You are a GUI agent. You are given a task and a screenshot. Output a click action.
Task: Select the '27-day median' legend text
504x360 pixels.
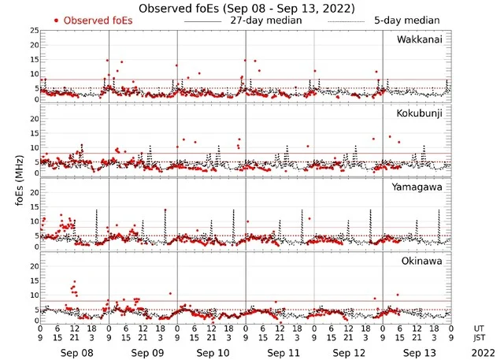265,20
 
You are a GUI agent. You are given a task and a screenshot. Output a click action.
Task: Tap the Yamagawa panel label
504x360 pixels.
422,187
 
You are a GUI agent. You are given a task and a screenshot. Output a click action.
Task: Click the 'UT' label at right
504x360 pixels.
480,328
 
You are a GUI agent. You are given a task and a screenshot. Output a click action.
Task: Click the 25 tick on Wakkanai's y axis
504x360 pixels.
34,31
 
